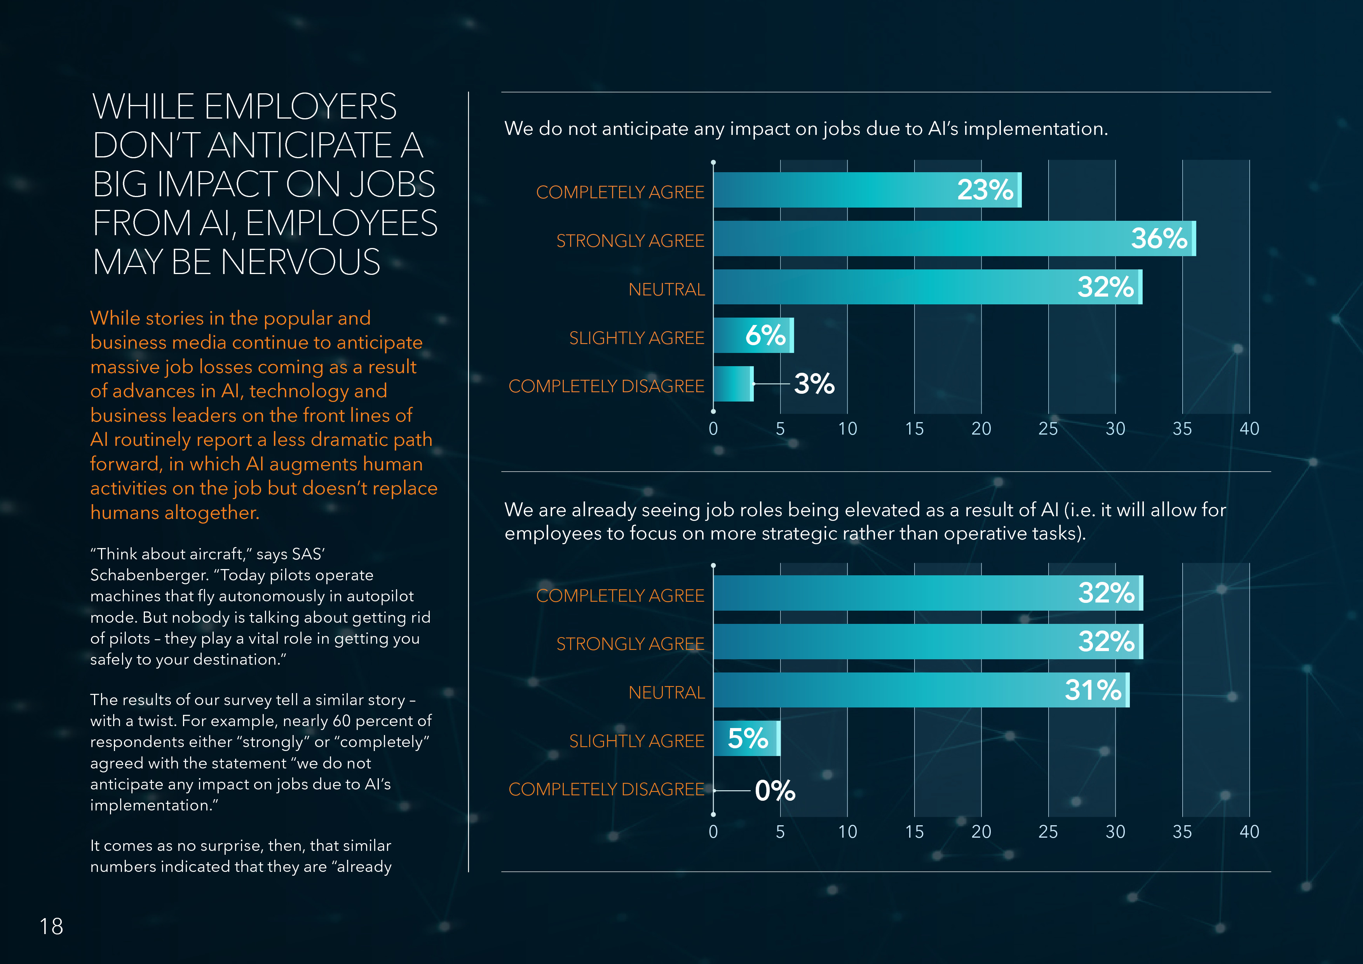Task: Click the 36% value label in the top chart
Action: pos(1159,239)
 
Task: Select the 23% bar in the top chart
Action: pos(867,190)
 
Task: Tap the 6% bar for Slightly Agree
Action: pos(753,335)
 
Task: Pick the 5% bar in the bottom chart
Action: pos(746,738)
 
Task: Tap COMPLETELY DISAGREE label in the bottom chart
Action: pos(606,789)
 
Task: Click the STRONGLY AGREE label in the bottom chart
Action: pos(630,644)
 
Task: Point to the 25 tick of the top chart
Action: pos(1048,429)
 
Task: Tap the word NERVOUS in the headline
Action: pos(300,262)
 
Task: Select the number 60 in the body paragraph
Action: pos(342,721)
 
